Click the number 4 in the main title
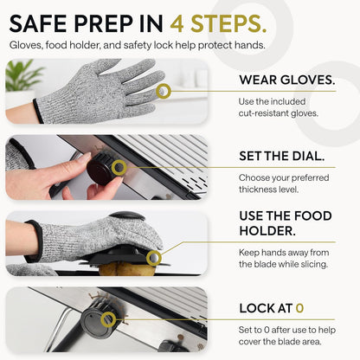(x=177, y=23)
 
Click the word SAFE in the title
(x=38, y=23)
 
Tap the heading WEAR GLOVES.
(x=287, y=80)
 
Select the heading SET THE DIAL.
(x=282, y=156)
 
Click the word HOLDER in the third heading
(x=267, y=231)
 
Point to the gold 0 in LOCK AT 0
(x=299, y=308)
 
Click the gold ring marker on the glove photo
(x=164, y=91)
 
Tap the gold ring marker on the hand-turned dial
(x=119, y=167)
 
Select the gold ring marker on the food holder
(x=153, y=258)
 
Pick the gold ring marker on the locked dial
(x=108, y=319)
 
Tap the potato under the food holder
(x=127, y=269)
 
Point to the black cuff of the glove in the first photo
(x=38, y=111)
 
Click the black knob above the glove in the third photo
(x=127, y=215)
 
